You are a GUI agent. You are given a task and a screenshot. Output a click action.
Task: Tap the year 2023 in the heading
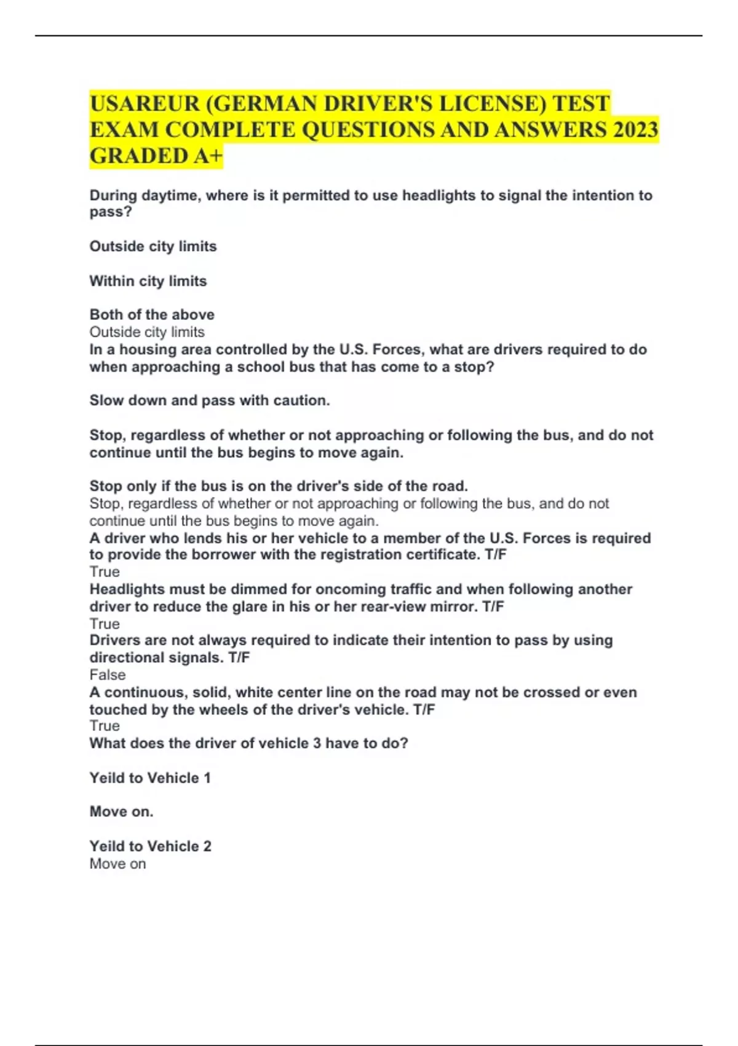(x=635, y=130)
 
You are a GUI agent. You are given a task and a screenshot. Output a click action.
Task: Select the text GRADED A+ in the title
(x=156, y=156)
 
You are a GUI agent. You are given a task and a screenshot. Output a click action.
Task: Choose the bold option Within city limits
(x=148, y=281)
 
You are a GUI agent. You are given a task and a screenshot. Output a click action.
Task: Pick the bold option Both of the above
(x=152, y=314)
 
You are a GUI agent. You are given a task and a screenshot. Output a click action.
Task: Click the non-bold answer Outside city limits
(x=147, y=332)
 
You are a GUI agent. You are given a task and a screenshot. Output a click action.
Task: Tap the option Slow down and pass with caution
(x=210, y=401)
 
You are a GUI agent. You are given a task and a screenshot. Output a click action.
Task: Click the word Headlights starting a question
(x=127, y=589)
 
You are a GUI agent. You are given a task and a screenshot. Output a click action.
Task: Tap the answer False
(x=108, y=675)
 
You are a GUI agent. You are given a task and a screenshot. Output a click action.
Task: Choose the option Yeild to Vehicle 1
(x=150, y=778)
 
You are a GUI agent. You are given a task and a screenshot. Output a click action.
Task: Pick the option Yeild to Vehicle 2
(x=150, y=847)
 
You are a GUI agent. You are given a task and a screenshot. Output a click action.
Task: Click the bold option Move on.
(x=121, y=812)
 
